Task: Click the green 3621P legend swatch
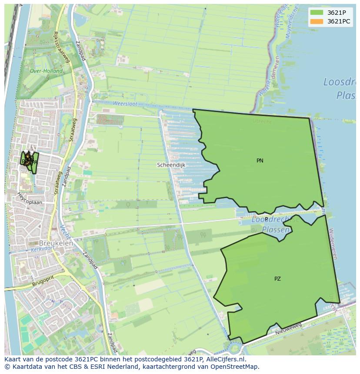click(317, 13)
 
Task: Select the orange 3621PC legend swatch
click(317, 21)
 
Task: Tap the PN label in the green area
click(260, 161)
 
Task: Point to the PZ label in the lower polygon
click(277, 279)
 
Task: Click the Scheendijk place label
click(171, 165)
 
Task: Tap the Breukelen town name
click(56, 243)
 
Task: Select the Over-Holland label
click(46, 71)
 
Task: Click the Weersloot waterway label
click(125, 104)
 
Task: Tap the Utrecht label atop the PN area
click(262, 122)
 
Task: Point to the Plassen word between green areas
click(276, 229)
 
